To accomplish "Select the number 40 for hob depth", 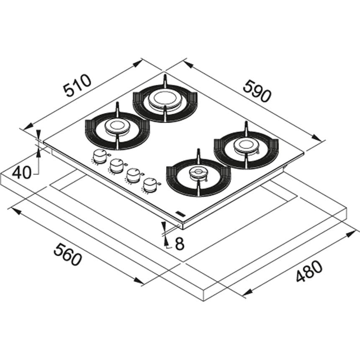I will pos(22,172).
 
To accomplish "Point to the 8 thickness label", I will pos(179,244).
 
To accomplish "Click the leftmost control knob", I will pos(99,157).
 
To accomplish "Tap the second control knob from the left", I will pos(116,166).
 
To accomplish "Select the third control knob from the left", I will pos(134,175).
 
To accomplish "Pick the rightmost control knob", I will pos(151,184).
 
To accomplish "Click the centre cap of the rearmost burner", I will pos(165,99).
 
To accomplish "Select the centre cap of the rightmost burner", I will pos(246,145).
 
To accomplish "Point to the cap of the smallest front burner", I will pos(198,173).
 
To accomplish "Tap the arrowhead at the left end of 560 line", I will pos(15,210).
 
